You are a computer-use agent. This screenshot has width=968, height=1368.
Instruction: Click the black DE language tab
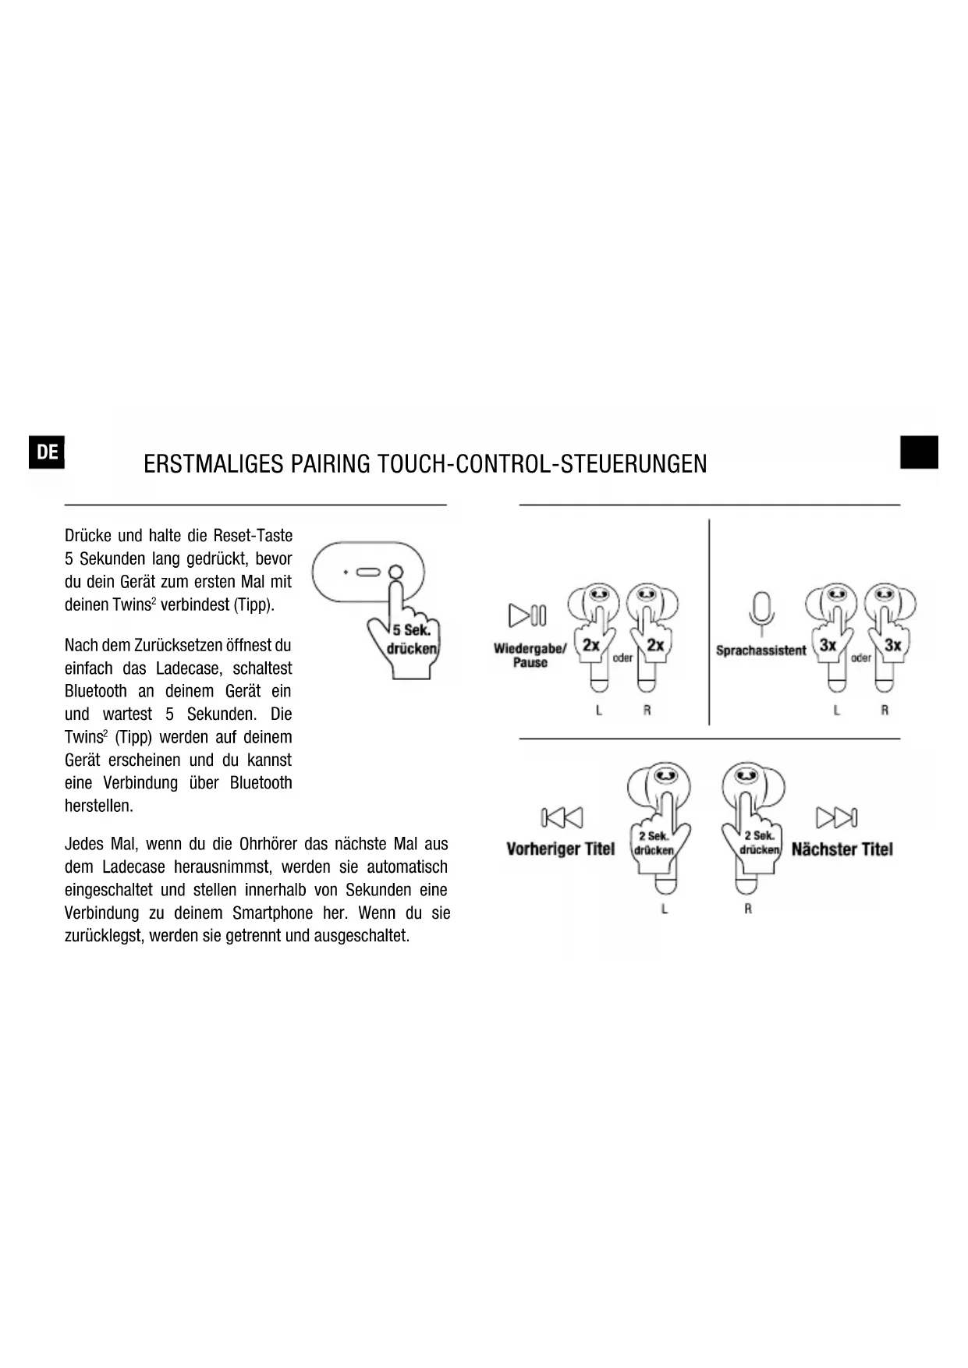(x=47, y=452)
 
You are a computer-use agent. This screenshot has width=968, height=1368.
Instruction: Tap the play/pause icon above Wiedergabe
(x=528, y=615)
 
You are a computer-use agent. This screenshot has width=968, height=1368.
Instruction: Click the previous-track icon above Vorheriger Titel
(x=562, y=817)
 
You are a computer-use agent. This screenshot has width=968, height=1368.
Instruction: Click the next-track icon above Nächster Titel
(x=836, y=817)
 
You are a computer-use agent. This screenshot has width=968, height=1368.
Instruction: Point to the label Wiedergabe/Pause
(x=530, y=655)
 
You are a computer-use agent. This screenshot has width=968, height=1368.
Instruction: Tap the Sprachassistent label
(x=761, y=650)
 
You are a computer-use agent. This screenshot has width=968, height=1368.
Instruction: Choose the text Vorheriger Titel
(x=560, y=849)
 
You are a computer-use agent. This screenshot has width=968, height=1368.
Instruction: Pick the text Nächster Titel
(x=842, y=849)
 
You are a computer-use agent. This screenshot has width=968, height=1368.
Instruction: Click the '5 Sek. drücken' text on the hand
(x=412, y=640)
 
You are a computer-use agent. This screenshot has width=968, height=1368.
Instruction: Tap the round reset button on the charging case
(x=396, y=572)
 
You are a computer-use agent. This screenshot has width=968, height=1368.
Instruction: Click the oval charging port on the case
(x=368, y=572)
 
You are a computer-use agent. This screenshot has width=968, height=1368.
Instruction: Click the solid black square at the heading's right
(x=919, y=452)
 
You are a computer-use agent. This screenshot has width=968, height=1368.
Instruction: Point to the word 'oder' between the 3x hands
(x=861, y=658)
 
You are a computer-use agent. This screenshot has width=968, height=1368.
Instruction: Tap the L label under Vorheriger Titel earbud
(x=665, y=909)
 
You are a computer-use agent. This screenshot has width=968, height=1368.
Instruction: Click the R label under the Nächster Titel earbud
(x=747, y=909)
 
